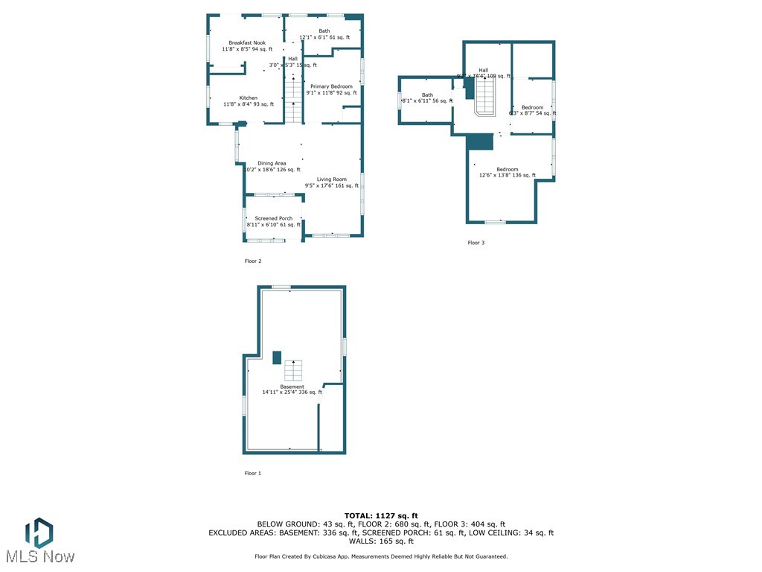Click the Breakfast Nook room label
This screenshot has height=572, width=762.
click(247, 46)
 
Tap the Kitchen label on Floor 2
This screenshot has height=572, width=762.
click(249, 101)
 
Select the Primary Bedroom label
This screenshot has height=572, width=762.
click(331, 90)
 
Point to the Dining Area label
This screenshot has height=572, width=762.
click(272, 167)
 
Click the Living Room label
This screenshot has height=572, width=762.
click(331, 182)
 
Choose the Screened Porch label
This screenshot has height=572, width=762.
click(273, 221)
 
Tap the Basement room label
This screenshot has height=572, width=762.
click(292, 390)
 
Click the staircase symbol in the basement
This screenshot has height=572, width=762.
click(294, 370)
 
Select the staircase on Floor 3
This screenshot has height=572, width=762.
click(485, 97)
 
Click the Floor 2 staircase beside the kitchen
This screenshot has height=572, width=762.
click(294, 101)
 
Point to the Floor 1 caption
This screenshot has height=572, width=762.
click(253, 473)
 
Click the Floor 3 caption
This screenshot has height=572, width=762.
click(476, 243)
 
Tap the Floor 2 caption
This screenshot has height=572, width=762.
click(253, 261)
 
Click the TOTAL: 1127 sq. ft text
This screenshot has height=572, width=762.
click(381, 515)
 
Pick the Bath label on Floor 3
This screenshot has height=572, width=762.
click(427, 98)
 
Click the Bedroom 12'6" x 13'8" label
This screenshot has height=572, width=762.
click(507, 172)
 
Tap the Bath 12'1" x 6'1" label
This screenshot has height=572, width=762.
click(324, 34)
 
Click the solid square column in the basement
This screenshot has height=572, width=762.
click(277, 357)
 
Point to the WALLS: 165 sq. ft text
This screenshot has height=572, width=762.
click(381, 541)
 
